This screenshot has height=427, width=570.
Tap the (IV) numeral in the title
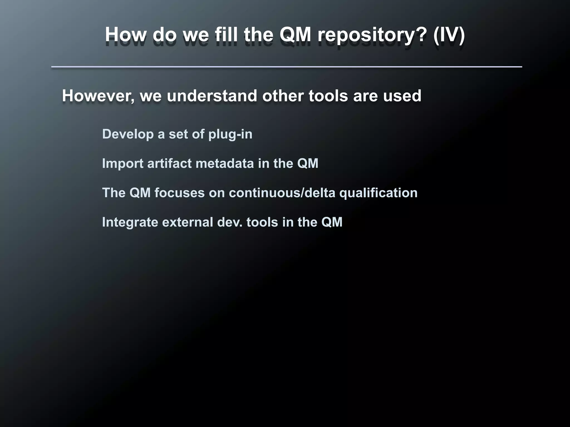[449, 35]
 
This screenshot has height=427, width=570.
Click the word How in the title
[126, 35]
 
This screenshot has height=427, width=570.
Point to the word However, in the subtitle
[98, 96]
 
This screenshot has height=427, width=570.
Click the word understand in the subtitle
[212, 96]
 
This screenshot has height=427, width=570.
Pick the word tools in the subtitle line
[328, 96]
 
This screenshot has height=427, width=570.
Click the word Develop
[128, 134]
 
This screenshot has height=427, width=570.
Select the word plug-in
[230, 134]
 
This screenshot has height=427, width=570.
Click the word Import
[122, 163]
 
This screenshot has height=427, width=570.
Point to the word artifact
[169, 163]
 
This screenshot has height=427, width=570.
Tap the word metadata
[225, 163]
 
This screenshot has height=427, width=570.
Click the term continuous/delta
[282, 193]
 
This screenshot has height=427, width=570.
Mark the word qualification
[378, 193]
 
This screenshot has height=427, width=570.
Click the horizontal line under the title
[286, 67]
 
